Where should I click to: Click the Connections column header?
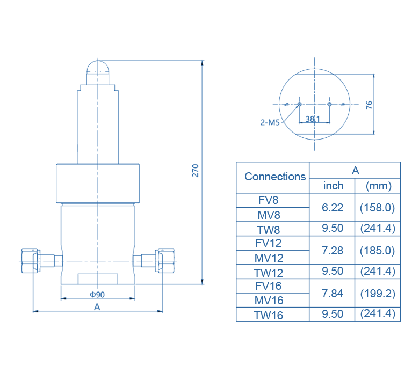[275, 177]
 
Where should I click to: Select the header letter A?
[355, 171]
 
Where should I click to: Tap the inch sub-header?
[333, 186]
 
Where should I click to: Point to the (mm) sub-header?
[378, 186]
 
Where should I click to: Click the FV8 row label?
[269, 200]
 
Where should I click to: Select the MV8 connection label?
[269, 215]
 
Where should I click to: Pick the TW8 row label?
[269, 230]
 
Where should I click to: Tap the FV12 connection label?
[269, 243]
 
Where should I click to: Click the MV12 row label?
[269, 258]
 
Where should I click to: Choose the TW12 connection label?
[269, 272]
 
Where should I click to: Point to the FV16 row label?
[269, 286]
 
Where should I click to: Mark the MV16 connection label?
[269, 301]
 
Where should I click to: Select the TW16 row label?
[269, 315]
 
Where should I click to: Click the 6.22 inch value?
[333, 207]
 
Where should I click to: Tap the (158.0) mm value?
[378, 207]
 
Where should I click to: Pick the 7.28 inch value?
[333, 250]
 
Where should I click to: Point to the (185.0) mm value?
[378, 250]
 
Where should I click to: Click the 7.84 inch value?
[333, 293]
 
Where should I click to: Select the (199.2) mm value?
[378, 293]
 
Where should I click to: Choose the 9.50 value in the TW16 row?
[333, 314]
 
